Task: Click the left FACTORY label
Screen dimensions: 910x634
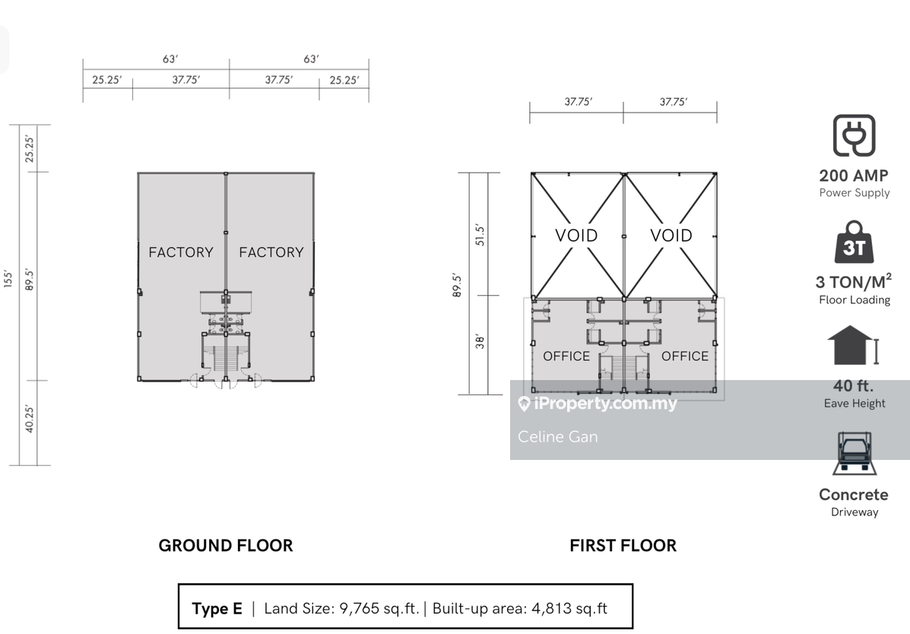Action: pos(181,252)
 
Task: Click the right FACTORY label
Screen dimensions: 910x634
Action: pos(271,252)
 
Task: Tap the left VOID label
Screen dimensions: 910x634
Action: pos(576,235)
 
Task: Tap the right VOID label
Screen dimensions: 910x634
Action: pos(671,235)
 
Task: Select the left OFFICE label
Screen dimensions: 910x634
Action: pos(566,356)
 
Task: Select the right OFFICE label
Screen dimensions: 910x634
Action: pos(685,356)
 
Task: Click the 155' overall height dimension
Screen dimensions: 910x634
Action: pos(8,278)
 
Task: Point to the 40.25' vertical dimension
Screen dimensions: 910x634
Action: pos(30,419)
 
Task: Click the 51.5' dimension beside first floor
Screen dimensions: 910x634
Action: pos(480,235)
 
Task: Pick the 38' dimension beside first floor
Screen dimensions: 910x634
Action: pos(480,341)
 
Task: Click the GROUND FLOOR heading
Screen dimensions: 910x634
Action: pos(226,546)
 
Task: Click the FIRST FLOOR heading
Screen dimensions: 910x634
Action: pos(623,546)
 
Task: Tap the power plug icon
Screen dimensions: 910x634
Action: pos(855,135)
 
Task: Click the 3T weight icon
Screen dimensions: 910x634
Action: pos(855,242)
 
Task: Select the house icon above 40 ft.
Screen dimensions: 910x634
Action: pos(853,345)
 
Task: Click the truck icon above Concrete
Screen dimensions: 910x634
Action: pos(854,453)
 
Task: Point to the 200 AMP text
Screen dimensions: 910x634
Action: pos(854,176)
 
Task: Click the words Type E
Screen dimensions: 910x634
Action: pos(217,608)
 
